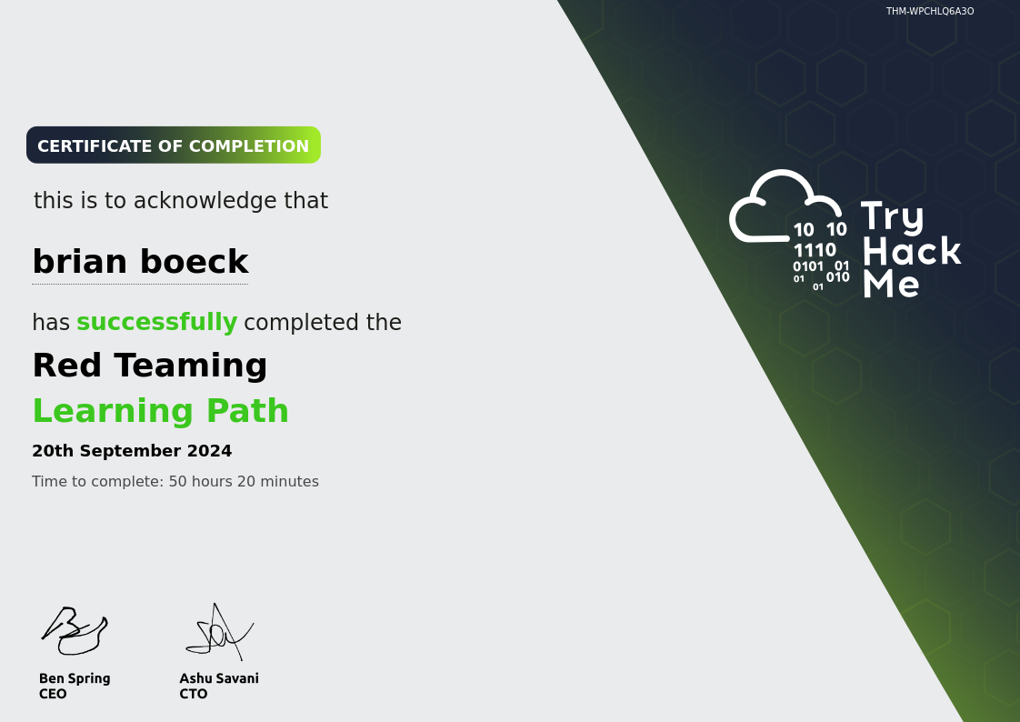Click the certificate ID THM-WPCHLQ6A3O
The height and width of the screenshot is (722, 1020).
point(930,11)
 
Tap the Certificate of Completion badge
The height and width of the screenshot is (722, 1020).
point(174,145)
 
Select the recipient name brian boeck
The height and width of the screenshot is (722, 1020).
point(141,262)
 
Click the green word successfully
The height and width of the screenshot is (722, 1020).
point(156,322)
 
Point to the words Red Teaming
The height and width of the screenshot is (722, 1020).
point(150,365)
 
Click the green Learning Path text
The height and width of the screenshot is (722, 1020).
point(161,411)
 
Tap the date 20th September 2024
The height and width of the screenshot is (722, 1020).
point(132,451)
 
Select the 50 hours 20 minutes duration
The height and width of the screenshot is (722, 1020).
point(244,481)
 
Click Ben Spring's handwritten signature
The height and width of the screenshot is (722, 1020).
point(75,630)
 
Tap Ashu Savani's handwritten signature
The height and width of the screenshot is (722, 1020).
point(219,632)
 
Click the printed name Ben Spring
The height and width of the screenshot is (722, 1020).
point(75,678)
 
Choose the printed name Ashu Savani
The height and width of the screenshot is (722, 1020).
point(219,678)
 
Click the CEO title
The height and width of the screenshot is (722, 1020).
point(53,694)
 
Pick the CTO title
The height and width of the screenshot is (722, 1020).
point(194,694)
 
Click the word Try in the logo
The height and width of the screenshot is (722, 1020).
point(893,216)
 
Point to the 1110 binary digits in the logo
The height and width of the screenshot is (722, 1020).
point(815,250)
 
